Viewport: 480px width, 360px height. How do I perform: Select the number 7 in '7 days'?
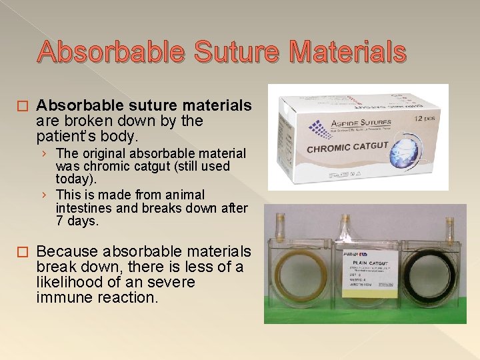[x=60, y=220]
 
